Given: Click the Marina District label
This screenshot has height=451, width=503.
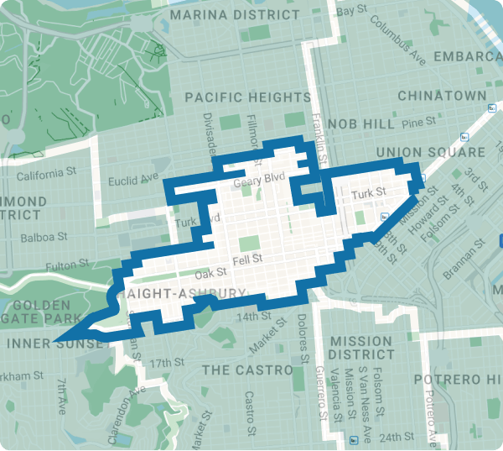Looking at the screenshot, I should click(234, 15).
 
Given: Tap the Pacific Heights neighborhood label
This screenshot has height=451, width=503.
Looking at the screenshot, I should click(247, 97).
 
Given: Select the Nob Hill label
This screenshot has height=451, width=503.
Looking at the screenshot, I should click(360, 123).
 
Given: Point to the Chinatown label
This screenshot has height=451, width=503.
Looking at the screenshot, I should click(442, 96).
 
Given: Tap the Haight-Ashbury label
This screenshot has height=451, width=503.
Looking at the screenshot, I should click(185, 294).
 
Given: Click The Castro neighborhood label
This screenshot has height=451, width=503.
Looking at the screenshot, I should click(247, 370).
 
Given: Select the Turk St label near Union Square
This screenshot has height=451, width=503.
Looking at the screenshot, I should click(368, 194).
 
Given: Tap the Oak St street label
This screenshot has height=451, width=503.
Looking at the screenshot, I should click(210, 274).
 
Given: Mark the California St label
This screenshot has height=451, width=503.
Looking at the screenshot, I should click(39, 175).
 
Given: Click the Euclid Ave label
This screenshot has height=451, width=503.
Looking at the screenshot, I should click(133, 179).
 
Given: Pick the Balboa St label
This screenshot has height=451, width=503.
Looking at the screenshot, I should click(42, 238).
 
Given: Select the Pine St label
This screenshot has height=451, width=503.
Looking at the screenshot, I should click(413, 123).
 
